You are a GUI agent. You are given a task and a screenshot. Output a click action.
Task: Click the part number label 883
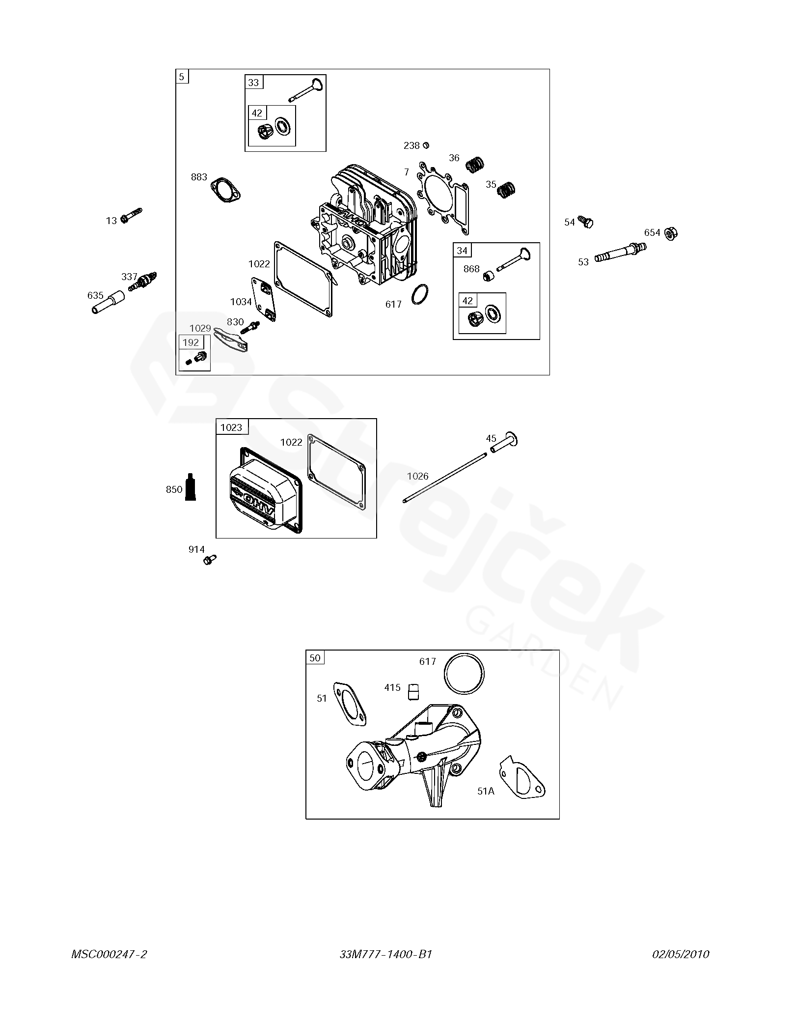tap(199, 177)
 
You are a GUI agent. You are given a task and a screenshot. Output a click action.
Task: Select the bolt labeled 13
tap(132, 216)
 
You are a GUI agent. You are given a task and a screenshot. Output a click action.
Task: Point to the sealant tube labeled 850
tap(191, 487)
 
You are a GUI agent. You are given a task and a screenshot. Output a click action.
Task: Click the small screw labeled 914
tap(210, 559)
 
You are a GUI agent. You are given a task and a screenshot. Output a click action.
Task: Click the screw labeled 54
tap(585, 222)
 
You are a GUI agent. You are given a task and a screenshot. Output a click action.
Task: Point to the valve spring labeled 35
tap(507, 190)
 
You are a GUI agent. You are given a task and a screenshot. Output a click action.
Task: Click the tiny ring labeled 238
tap(426, 145)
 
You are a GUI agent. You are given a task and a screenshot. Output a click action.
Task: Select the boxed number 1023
tap(231, 427)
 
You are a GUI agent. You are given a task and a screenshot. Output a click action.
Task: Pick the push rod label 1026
tap(417, 476)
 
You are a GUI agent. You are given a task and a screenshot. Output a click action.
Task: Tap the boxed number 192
tap(191, 342)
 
